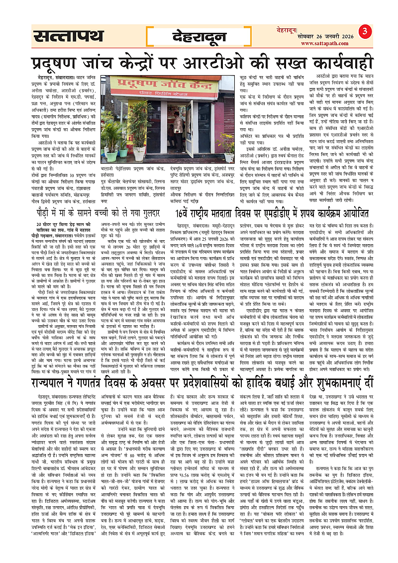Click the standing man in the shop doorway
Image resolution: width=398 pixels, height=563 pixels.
(x=178, y=131)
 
